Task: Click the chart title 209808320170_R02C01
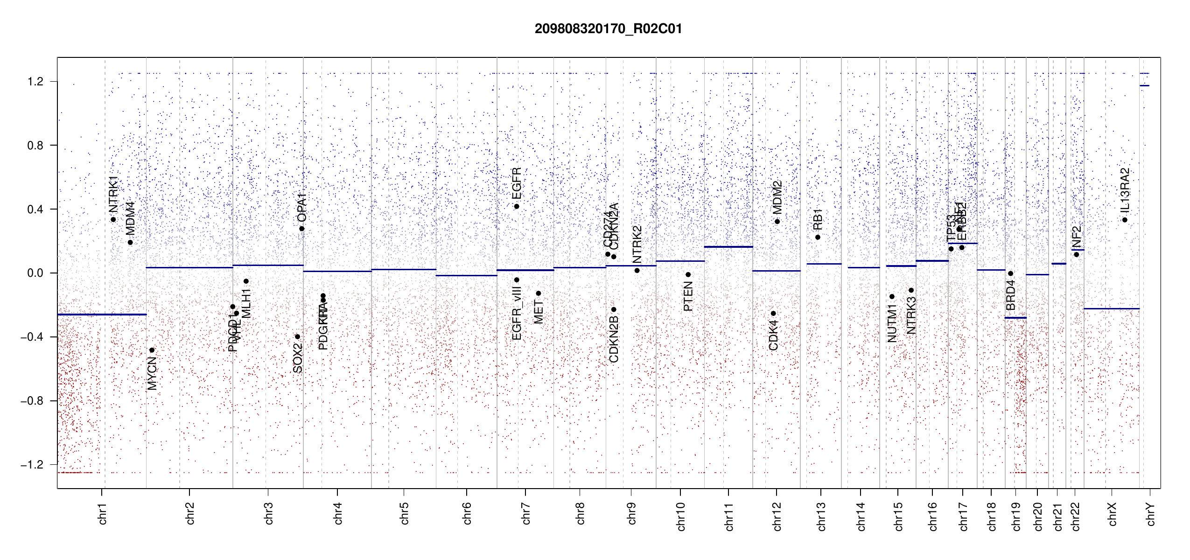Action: [608, 29]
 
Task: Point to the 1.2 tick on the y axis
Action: [35, 82]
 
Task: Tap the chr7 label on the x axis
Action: [526, 513]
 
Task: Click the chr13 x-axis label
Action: [821, 516]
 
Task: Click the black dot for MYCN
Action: [152, 350]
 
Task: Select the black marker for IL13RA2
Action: [1125, 220]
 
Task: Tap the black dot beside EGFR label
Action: [517, 206]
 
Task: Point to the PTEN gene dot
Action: [688, 274]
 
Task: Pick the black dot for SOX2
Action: [297, 336]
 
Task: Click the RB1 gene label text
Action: [818, 219]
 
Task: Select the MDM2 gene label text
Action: [777, 197]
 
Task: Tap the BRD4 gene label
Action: [1010, 295]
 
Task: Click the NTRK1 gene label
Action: [113, 194]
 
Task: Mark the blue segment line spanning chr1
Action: [102, 315]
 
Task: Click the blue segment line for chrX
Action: [1111, 308]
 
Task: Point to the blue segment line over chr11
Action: [728, 246]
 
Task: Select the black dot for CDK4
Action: [773, 313]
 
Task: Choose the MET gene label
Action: [538, 312]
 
